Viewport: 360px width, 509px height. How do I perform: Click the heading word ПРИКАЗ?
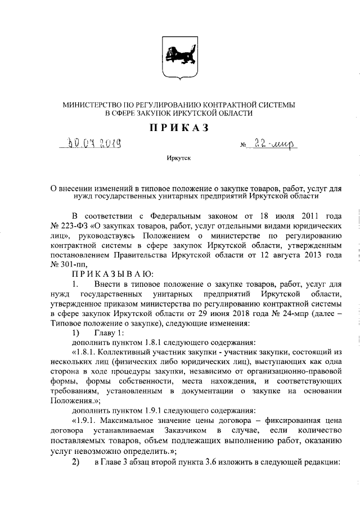tap(179, 128)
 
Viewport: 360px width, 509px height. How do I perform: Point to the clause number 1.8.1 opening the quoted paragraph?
tap(88, 349)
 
